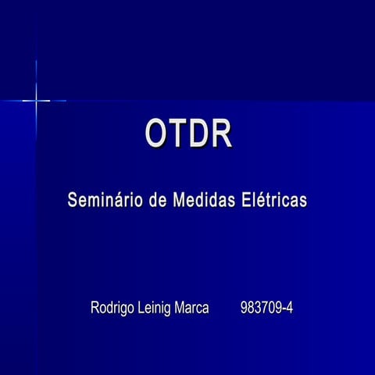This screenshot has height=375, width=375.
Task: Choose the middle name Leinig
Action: pos(155,308)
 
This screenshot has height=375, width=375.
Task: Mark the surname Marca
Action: pos(192,308)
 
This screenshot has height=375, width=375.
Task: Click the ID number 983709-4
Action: pos(267,308)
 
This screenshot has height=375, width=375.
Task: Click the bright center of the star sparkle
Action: pos(36,100)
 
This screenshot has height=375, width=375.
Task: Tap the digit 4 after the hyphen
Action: pos(289,308)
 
